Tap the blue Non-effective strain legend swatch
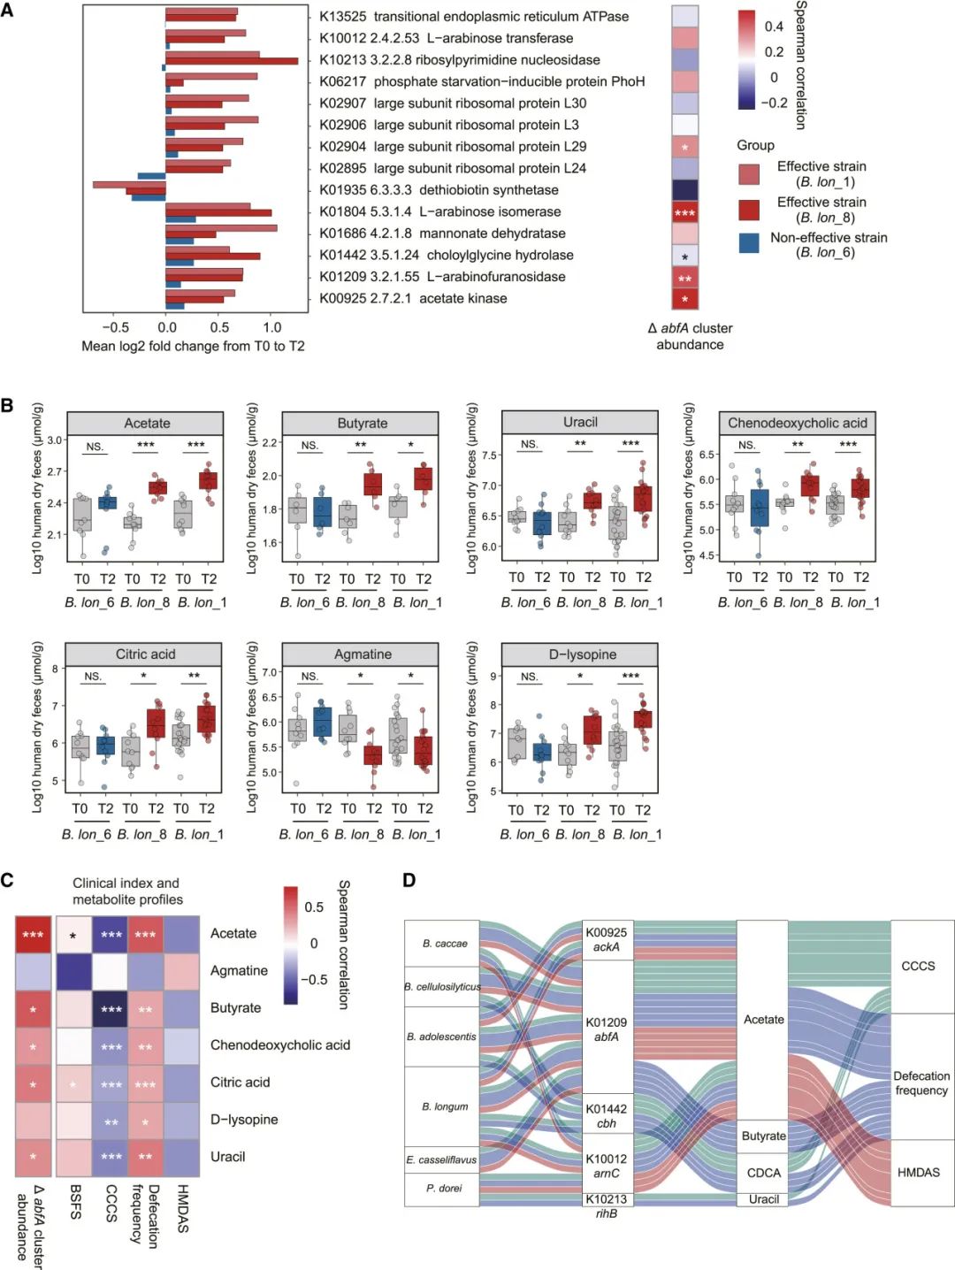click(x=749, y=244)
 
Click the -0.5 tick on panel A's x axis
click(x=115, y=327)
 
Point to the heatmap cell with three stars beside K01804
click(x=685, y=212)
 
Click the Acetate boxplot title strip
click(x=147, y=424)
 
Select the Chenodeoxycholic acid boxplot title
click(x=797, y=424)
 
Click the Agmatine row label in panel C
click(x=239, y=970)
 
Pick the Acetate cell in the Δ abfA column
click(x=34, y=934)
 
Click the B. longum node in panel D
click(x=442, y=1106)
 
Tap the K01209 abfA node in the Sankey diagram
click(x=607, y=1029)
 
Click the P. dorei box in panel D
click(x=442, y=1189)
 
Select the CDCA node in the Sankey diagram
click(x=763, y=1173)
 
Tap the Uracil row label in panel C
click(x=227, y=1157)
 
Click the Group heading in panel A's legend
click(x=755, y=145)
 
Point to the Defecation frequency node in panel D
click(x=921, y=1083)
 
